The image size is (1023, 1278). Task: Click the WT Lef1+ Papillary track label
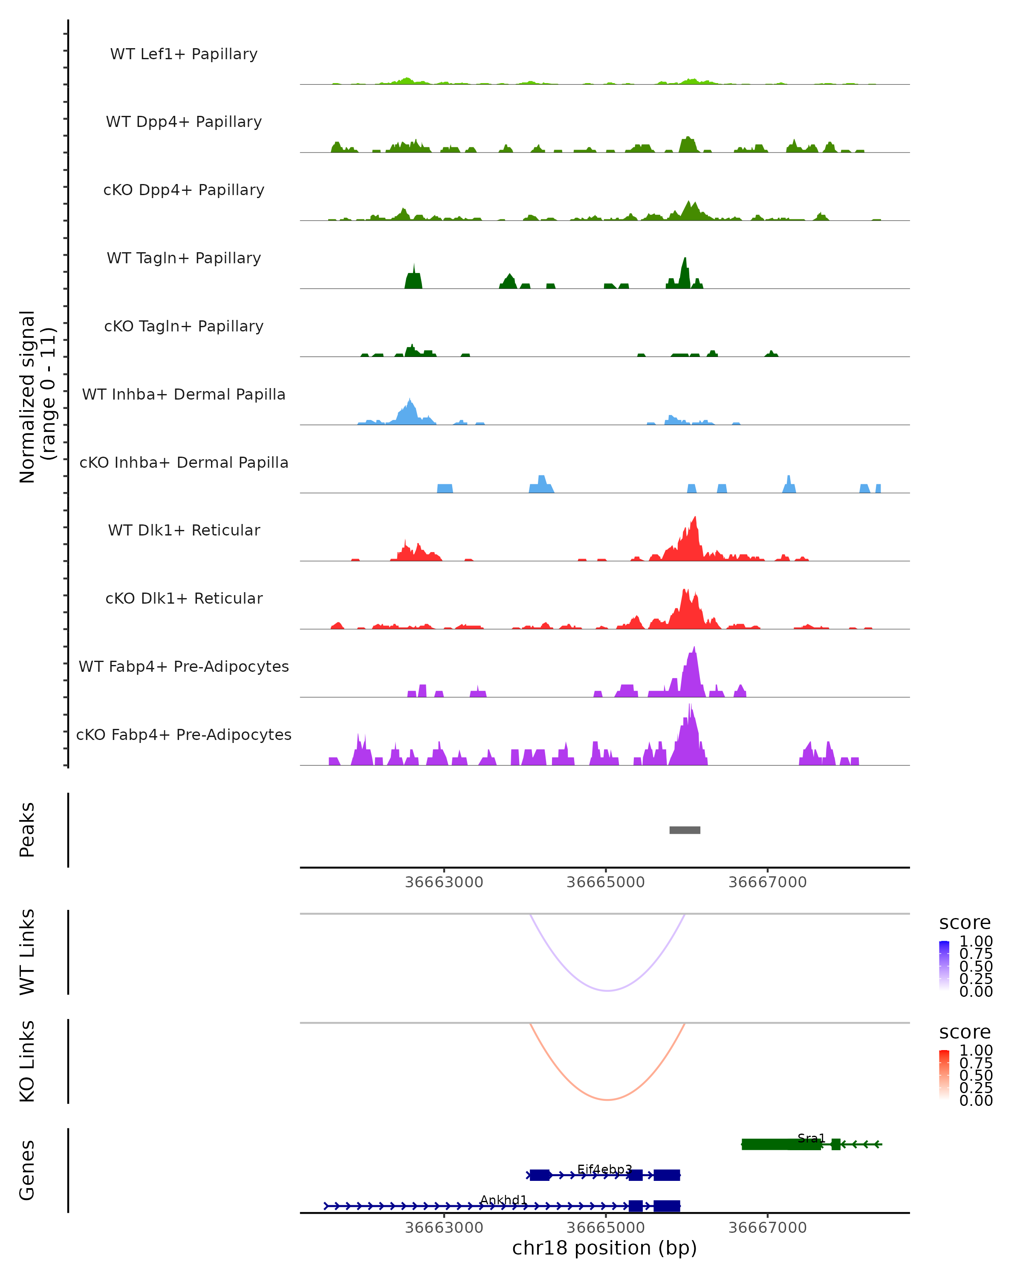click(x=184, y=54)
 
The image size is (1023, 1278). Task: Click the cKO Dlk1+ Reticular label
click(x=184, y=598)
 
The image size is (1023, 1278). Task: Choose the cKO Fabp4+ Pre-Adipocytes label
click(x=184, y=734)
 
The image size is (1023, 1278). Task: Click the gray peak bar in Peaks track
click(x=685, y=830)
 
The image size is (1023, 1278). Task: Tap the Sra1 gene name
click(x=811, y=1138)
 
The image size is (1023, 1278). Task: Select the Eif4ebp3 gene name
click(x=604, y=1169)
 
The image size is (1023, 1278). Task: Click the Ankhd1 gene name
click(x=503, y=1200)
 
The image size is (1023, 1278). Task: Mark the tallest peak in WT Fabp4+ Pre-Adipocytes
click(x=694, y=648)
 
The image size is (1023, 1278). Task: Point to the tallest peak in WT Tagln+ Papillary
click(x=685, y=259)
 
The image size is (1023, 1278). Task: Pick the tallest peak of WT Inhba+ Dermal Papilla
click(x=410, y=400)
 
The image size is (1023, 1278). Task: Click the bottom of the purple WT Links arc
click(x=607, y=990)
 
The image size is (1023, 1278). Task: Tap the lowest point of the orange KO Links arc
click(x=607, y=1100)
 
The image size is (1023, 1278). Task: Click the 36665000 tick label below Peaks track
click(x=606, y=882)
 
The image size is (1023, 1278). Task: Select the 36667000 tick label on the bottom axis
click(x=767, y=1227)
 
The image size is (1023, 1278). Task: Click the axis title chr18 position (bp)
click(x=604, y=1248)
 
